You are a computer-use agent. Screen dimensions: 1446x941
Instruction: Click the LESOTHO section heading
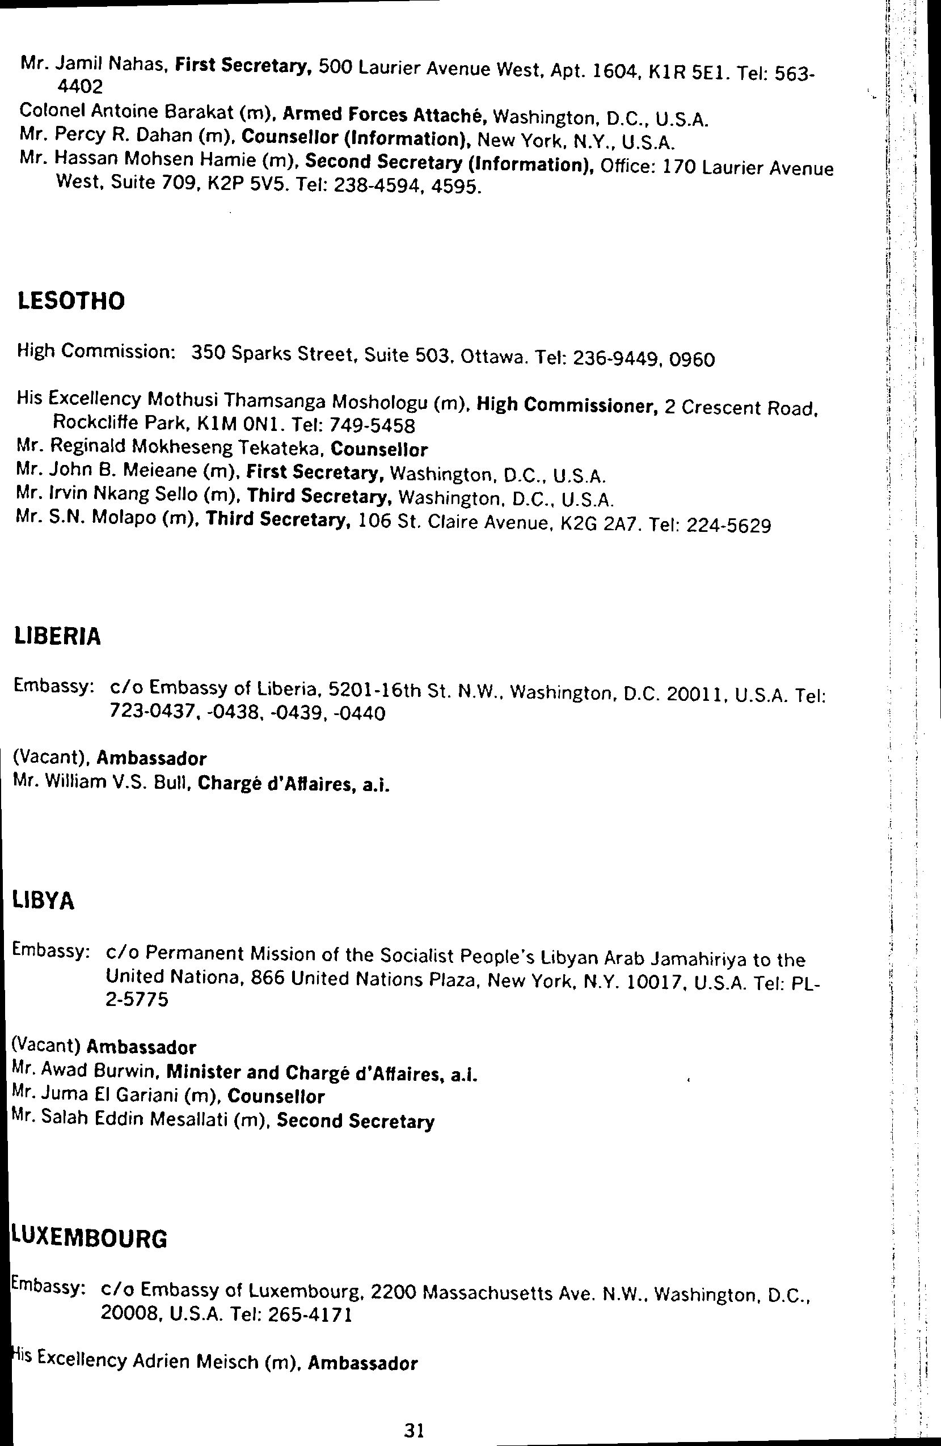[71, 301]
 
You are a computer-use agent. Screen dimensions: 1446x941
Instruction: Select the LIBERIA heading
[57, 636]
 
